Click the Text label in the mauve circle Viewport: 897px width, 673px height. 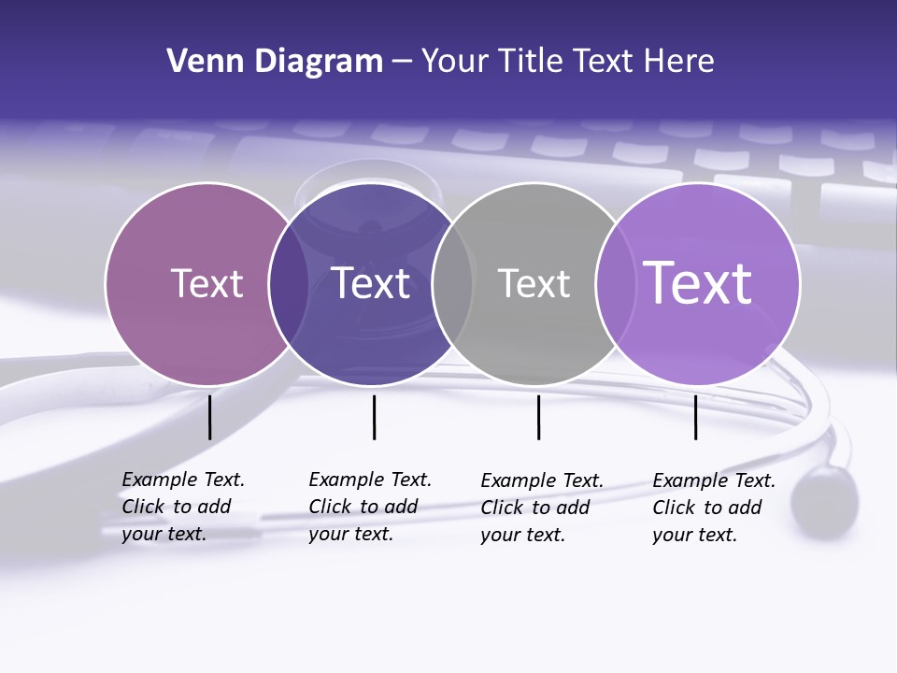pyautogui.click(x=206, y=283)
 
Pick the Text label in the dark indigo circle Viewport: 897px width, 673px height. pyautogui.click(x=371, y=283)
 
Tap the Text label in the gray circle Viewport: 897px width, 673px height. pyautogui.click(x=534, y=283)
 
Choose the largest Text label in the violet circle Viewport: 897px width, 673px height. pyautogui.click(x=698, y=282)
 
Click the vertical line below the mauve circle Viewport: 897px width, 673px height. pyautogui.click(x=209, y=417)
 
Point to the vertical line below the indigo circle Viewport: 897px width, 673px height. pyautogui.click(x=374, y=417)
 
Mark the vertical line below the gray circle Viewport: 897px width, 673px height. pyautogui.click(x=538, y=417)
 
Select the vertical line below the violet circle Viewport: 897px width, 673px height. pyautogui.click(x=695, y=417)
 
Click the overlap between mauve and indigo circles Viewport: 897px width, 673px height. pyautogui.click(x=289, y=283)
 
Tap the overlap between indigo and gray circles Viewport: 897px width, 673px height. pyautogui.click(x=452, y=283)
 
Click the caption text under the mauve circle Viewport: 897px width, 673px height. pyautogui.click(x=183, y=507)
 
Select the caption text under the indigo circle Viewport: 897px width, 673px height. pyautogui.click(x=370, y=507)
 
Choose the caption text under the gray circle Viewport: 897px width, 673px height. pyautogui.click(x=542, y=508)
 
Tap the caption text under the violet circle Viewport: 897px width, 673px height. pyautogui.click(x=714, y=508)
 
